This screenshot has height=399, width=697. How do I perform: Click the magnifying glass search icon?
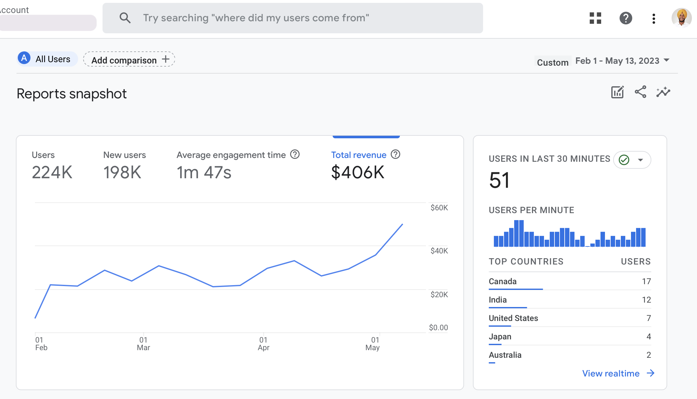pyautogui.click(x=125, y=18)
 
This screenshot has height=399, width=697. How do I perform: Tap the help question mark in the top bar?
pyautogui.click(x=626, y=18)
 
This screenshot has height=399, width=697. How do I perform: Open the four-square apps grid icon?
pyautogui.click(x=595, y=18)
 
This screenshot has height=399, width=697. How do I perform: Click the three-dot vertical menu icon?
pyautogui.click(x=654, y=18)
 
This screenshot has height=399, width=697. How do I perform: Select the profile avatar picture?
pyautogui.click(x=681, y=18)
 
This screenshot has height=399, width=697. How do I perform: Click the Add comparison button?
pyautogui.click(x=129, y=59)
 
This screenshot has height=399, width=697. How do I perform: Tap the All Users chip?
pyautogui.click(x=47, y=59)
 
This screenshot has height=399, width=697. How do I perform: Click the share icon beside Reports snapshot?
pyautogui.click(x=641, y=92)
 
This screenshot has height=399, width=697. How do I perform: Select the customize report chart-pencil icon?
pyautogui.click(x=617, y=92)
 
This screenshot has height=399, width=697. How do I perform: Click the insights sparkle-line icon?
pyautogui.click(x=663, y=92)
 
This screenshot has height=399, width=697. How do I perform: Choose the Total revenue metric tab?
pyautogui.click(x=359, y=155)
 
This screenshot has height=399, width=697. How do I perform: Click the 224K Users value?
pyautogui.click(x=52, y=173)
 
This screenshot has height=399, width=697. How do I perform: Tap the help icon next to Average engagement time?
pyautogui.click(x=295, y=154)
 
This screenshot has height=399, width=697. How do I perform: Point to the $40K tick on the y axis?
pyautogui.click(x=439, y=251)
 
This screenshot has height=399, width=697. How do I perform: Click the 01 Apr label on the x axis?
pyautogui.click(x=263, y=344)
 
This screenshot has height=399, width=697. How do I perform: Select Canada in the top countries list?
pyautogui.click(x=502, y=281)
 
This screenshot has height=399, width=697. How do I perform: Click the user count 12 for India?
pyautogui.click(x=646, y=300)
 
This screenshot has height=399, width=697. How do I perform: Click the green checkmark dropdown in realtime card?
pyautogui.click(x=632, y=160)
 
